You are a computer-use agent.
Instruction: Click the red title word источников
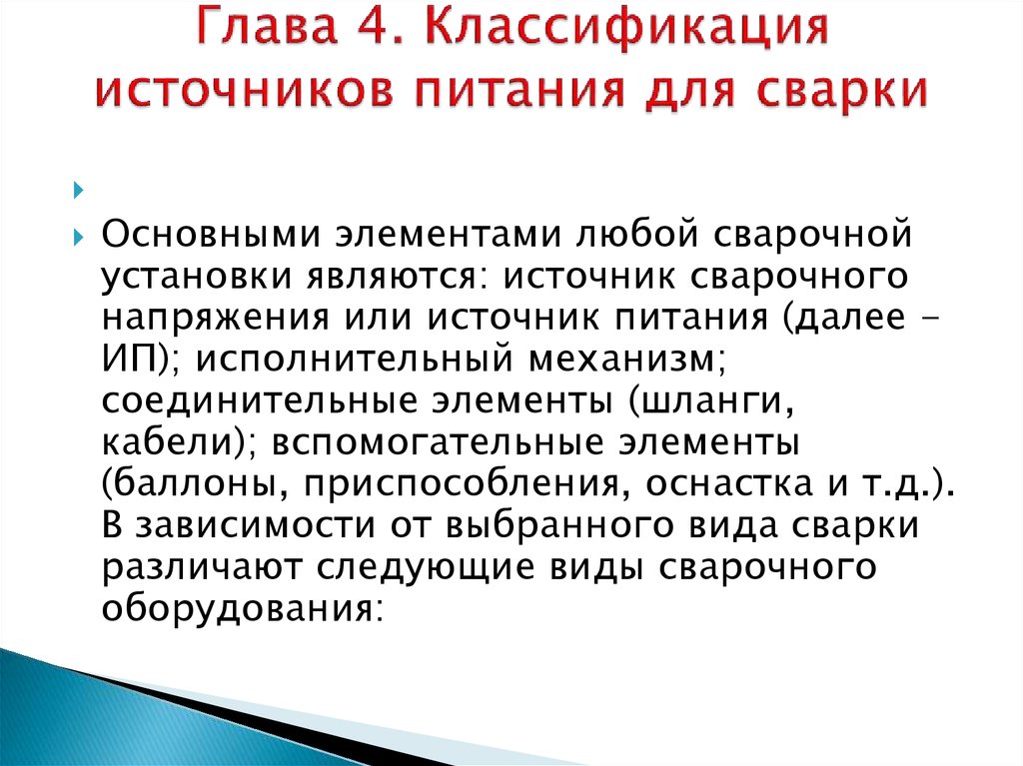click(244, 89)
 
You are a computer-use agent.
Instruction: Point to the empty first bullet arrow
click(79, 191)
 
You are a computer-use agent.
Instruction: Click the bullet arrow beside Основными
click(79, 237)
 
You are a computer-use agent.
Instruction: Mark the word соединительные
click(259, 400)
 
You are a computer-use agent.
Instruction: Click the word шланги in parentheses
click(710, 401)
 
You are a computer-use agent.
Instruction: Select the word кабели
click(168, 441)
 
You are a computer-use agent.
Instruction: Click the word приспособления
click(461, 484)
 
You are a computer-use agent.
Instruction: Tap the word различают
click(201, 567)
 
